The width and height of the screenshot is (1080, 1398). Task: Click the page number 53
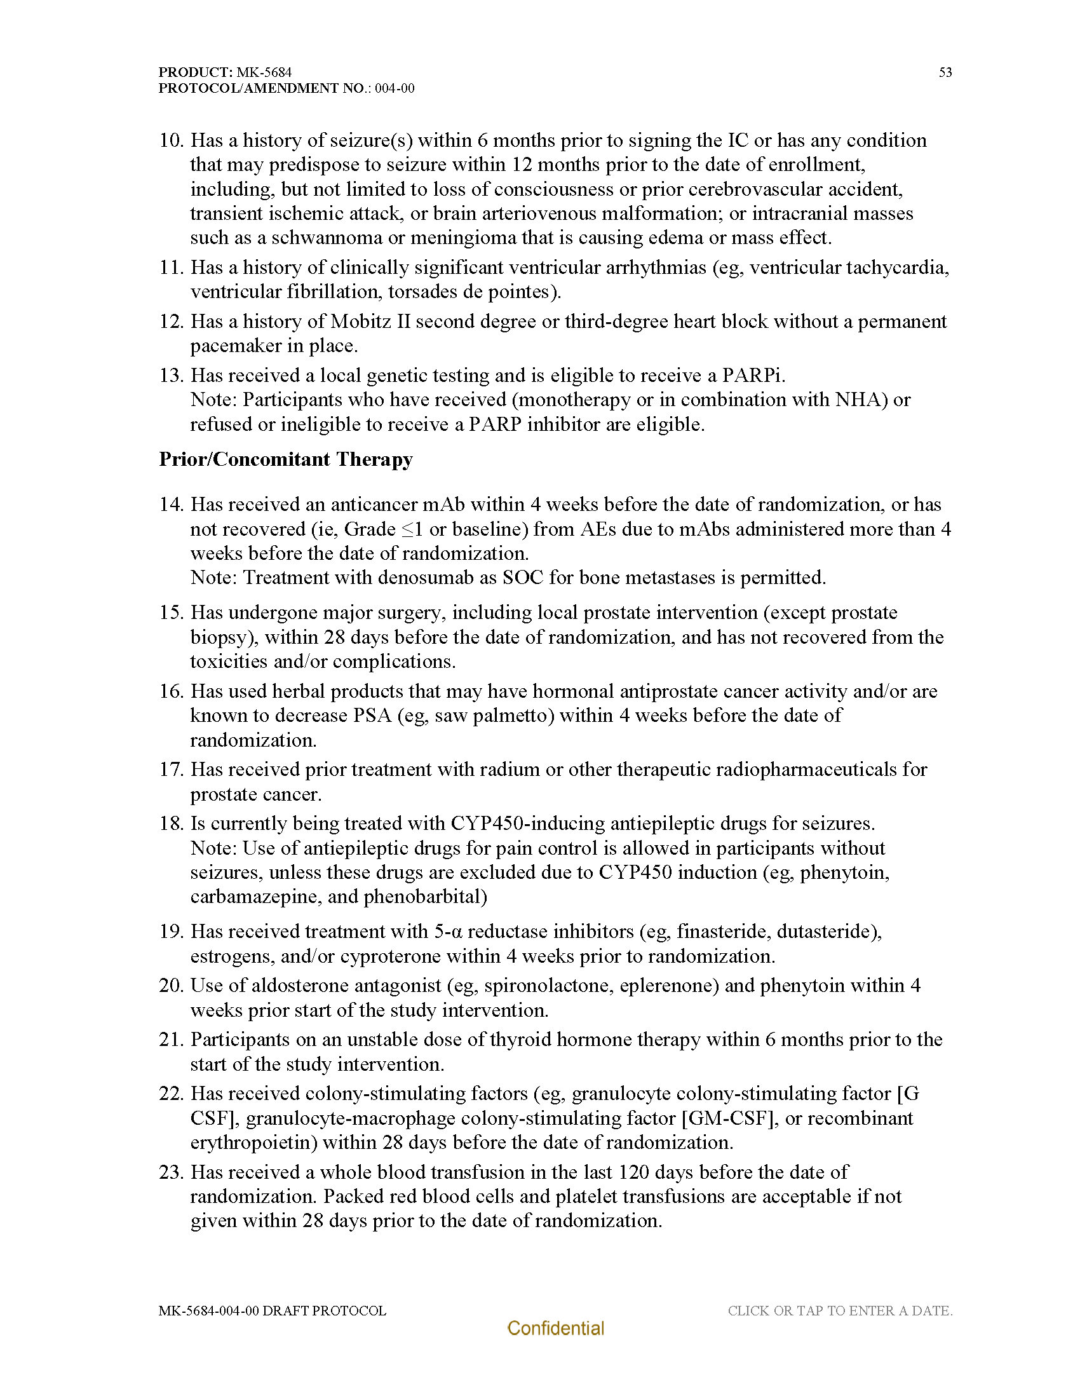[x=945, y=72]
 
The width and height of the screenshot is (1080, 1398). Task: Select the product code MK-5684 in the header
[x=264, y=72]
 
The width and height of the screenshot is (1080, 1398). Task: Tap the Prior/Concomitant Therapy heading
[x=285, y=459]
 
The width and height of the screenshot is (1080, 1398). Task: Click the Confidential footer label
[x=555, y=1328]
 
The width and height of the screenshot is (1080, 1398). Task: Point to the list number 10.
[x=172, y=141]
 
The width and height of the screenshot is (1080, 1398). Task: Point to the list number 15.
[x=172, y=613]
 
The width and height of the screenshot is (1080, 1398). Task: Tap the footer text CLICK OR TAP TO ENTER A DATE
[x=839, y=1311]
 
